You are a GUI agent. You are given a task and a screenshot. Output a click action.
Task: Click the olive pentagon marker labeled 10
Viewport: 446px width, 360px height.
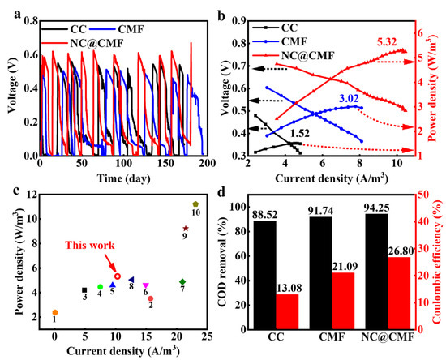pos(195,204)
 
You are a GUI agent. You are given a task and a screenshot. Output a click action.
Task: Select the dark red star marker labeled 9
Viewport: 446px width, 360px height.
pos(186,229)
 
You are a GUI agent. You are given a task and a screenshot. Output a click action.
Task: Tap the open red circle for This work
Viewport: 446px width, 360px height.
pos(118,276)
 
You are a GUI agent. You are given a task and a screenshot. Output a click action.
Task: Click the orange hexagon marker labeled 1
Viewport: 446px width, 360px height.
pos(55,312)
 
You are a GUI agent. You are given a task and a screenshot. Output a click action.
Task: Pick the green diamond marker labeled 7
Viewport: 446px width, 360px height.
pos(182,282)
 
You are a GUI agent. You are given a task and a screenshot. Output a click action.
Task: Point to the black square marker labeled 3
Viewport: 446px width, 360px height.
pos(84,290)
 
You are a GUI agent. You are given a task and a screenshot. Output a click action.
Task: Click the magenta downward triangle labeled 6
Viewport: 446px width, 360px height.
pos(145,285)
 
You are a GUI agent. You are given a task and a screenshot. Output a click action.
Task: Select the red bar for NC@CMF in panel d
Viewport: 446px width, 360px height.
pos(399,294)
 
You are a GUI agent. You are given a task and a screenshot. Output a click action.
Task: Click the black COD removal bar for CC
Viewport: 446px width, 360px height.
pos(264,275)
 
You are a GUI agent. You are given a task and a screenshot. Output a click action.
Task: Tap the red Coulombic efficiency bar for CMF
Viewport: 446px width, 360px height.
pos(343,301)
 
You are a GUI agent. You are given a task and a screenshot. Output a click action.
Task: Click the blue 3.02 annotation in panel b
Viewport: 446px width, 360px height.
pos(349,98)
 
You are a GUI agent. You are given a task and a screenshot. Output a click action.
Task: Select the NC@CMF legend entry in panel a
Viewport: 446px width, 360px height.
pos(83,43)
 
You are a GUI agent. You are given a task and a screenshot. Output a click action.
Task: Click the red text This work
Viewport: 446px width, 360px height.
pos(90,245)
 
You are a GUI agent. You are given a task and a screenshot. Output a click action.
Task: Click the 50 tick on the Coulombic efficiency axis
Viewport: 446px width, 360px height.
pos(422,195)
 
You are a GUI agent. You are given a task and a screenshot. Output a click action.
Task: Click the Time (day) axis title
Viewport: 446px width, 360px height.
pos(124,178)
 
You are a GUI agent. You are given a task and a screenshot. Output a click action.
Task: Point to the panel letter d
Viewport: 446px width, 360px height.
pos(221,192)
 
